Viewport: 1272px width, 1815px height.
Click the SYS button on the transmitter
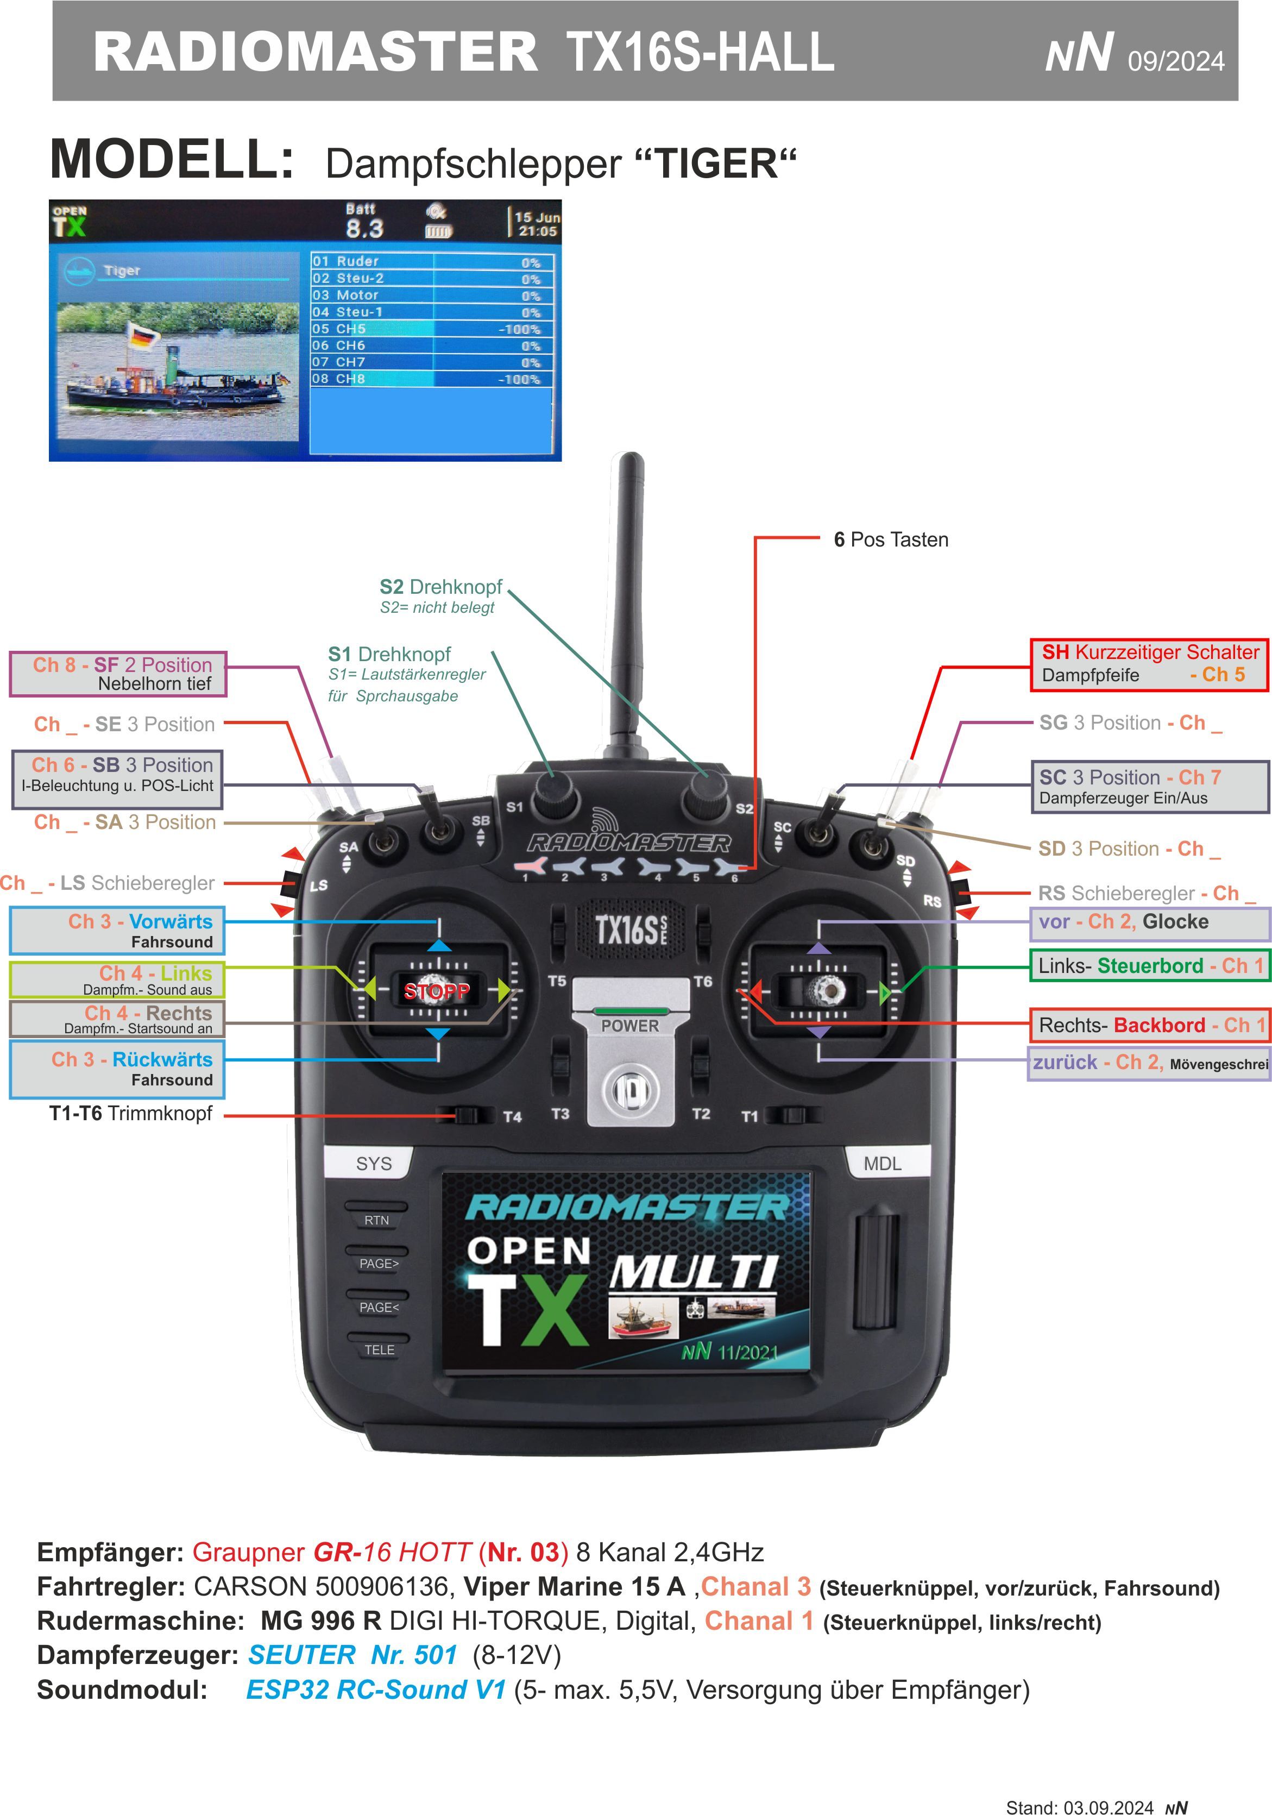coord(373,1164)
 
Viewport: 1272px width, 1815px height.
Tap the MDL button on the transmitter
coord(881,1164)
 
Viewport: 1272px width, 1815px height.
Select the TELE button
coord(379,1349)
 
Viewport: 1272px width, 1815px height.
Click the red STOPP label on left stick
coord(436,990)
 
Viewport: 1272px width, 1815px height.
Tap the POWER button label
coord(629,1025)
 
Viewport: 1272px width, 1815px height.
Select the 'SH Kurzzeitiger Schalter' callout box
coord(1149,663)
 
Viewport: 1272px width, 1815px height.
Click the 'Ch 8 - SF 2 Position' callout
coord(118,674)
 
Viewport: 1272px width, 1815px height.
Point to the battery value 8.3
coord(364,229)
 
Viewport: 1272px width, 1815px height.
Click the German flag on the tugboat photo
coord(143,336)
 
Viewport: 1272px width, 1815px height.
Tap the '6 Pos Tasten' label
coord(890,540)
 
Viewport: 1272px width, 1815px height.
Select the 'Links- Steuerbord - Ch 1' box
coord(1149,965)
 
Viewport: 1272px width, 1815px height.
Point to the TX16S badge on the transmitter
coord(629,930)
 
